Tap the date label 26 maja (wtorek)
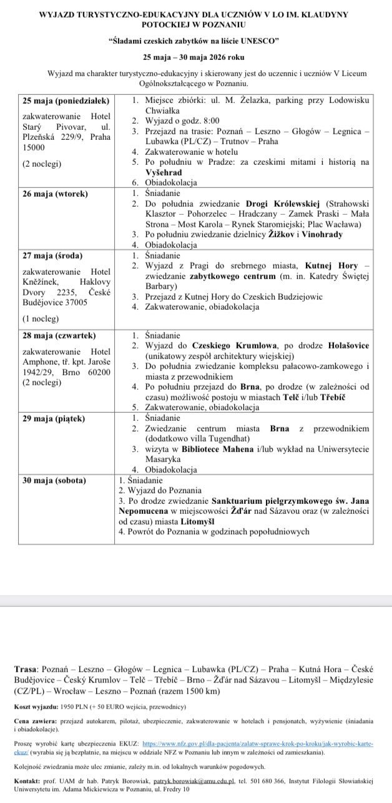tap(55, 194)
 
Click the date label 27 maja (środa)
tap(52, 255)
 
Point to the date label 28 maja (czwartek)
tap(60, 335)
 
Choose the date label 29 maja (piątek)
tap(54, 418)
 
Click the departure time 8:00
tap(209, 121)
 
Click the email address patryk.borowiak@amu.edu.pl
tap(194, 781)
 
